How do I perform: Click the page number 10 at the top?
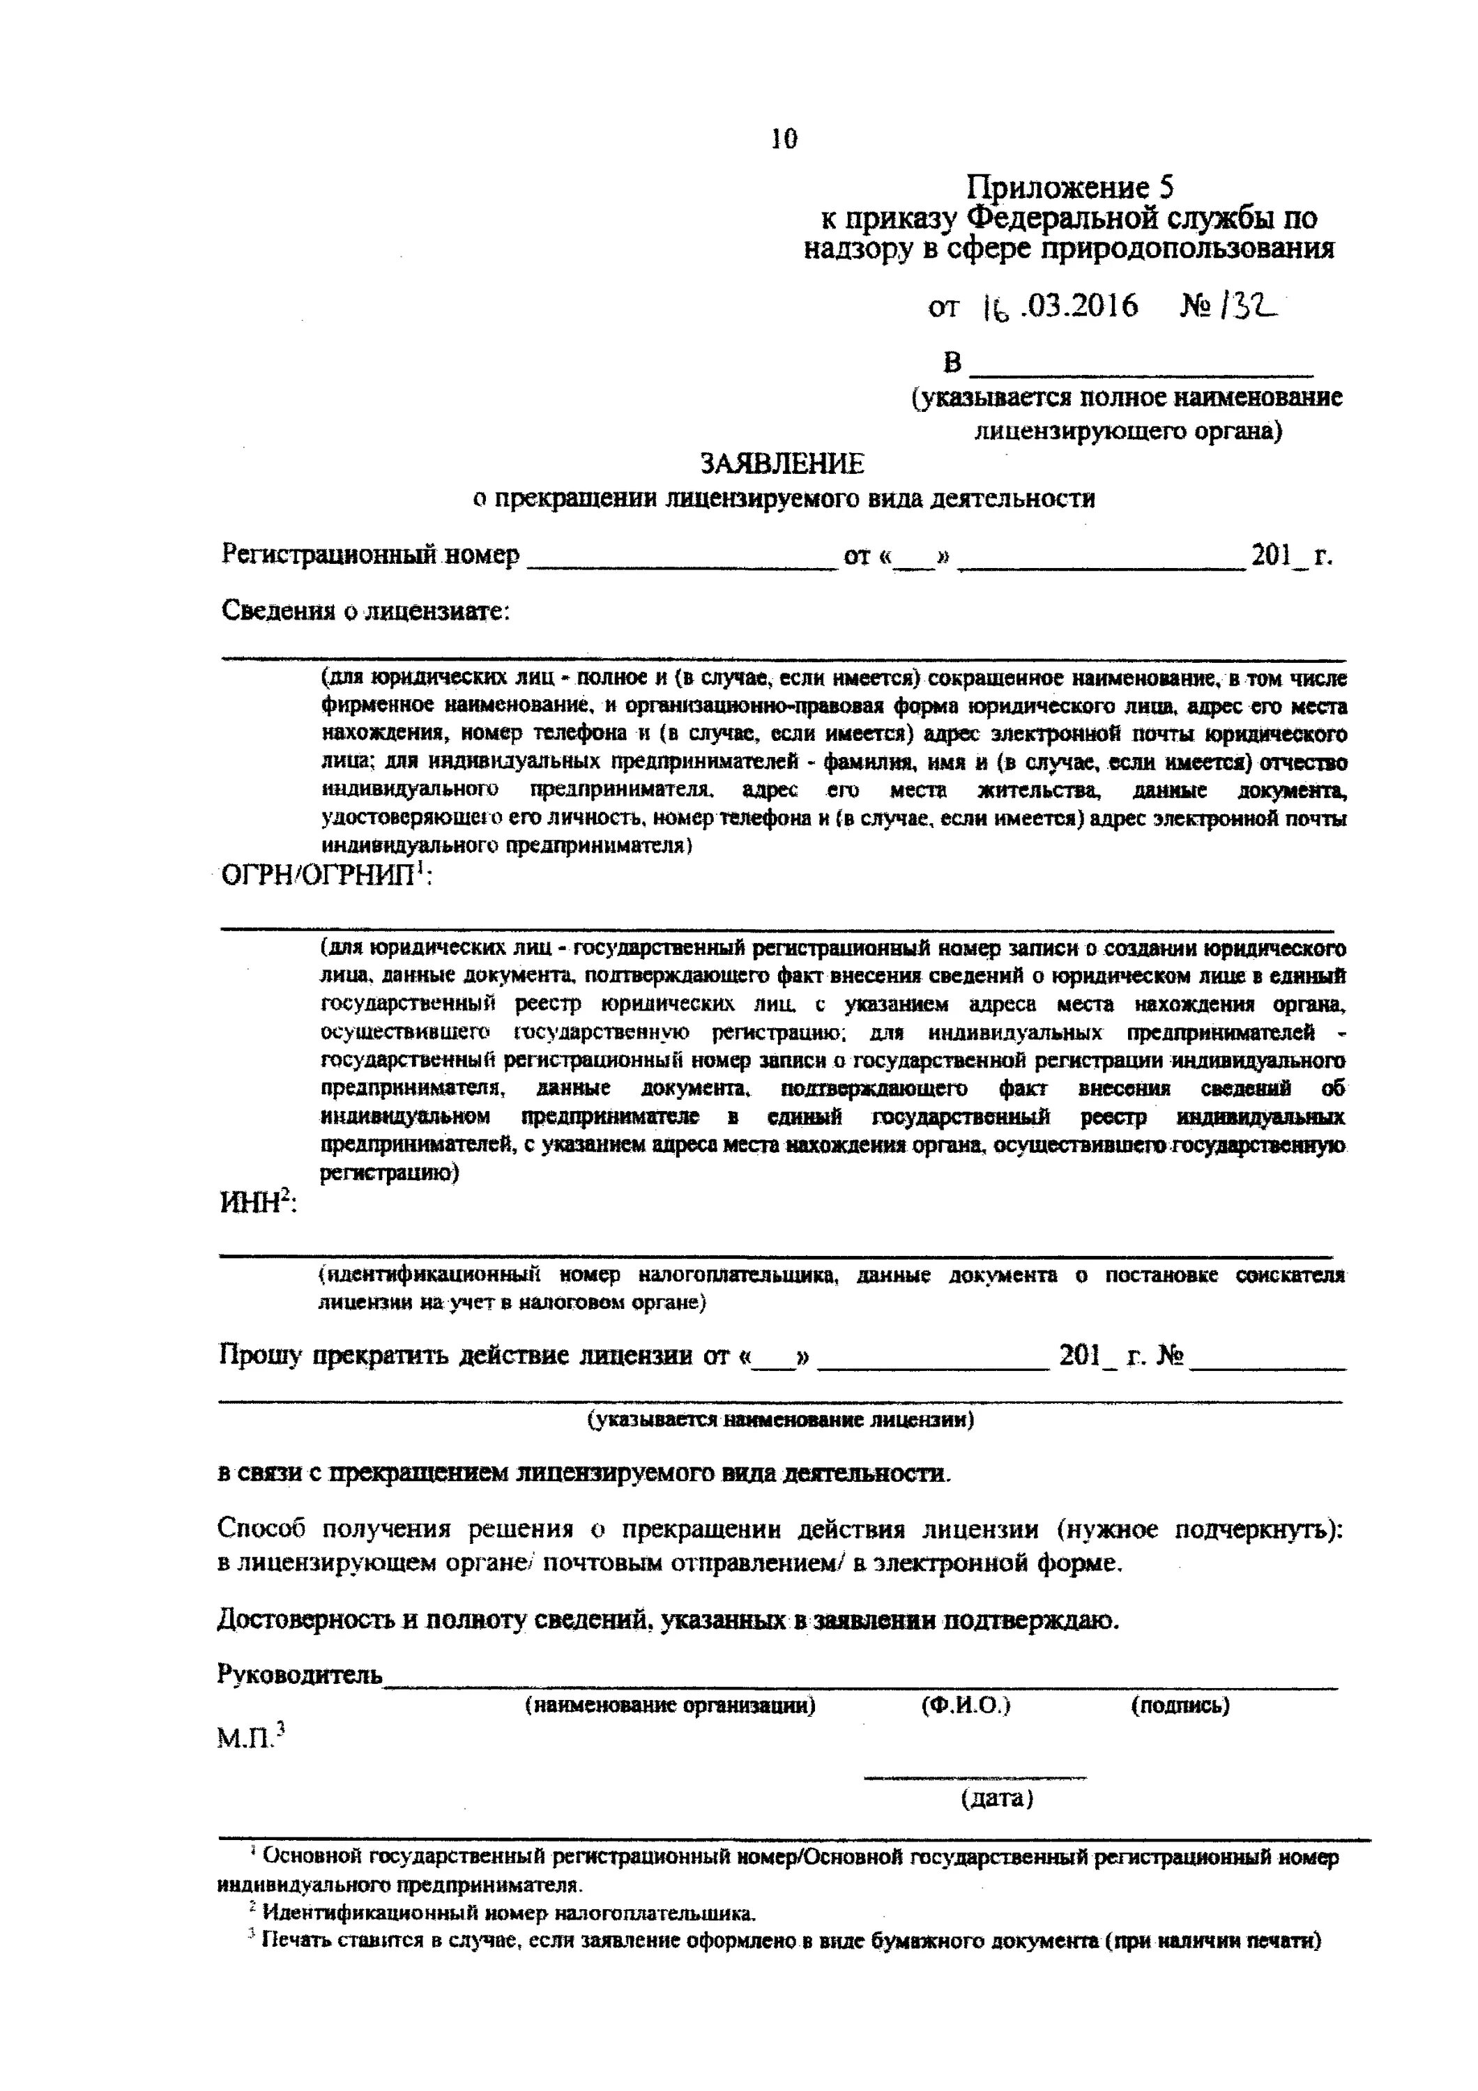pos(783,139)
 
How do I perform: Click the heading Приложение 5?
pos(1069,187)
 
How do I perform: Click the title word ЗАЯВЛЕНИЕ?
pos(782,464)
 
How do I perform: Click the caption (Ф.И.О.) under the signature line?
pos(966,1705)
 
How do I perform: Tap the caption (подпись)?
pos(1180,1705)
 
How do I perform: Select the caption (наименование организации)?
pos(669,1705)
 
